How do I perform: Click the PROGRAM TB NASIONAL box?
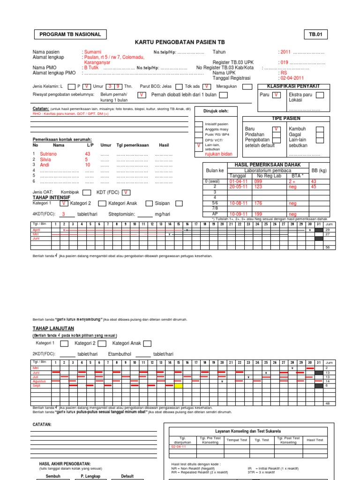[x=70, y=34]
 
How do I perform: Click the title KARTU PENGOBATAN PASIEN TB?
[x=180, y=42]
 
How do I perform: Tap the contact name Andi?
[x=45, y=165]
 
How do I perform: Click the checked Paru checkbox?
[x=277, y=95]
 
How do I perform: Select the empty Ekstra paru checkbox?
[x=319, y=95]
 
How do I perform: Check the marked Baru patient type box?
[x=276, y=128]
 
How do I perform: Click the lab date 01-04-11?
[x=238, y=181]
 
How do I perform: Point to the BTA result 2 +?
[x=292, y=181]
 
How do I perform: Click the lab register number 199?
[x=258, y=214]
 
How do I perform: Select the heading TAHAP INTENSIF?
[x=51, y=198]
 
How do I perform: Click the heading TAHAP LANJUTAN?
[x=53, y=328]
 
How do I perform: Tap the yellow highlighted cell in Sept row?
[x=178, y=385]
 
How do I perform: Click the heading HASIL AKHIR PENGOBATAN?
[x=65, y=463]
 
